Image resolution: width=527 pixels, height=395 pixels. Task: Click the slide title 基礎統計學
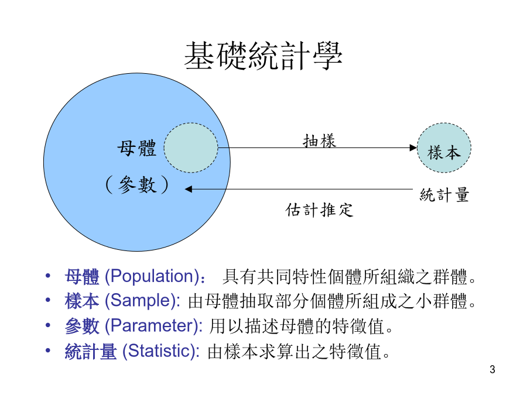pyautogui.click(x=263, y=56)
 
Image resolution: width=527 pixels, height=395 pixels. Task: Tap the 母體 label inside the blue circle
pyautogui.click(x=137, y=148)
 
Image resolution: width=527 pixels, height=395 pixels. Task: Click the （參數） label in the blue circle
pyautogui.click(x=137, y=184)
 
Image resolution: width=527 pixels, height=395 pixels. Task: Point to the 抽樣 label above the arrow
pyautogui.click(x=319, y=140)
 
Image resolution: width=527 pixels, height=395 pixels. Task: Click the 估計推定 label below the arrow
pyautogui.click(x=319, y=210)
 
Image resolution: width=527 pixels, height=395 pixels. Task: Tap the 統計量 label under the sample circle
pyautogui.click(x=444, y=195)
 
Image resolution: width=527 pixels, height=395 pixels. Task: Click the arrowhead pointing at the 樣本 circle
pyautogui.click(x=413, y=148)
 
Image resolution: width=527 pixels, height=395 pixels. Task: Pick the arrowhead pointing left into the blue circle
pyautogui.click(x=189, y=189)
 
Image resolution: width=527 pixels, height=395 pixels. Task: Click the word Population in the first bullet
pyautogui.click(x=153, y=276)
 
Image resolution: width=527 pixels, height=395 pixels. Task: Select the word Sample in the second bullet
pyautogui.click(x=142, y=300)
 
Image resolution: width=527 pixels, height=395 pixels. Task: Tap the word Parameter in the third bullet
pyautogui.click(x=153, y=325)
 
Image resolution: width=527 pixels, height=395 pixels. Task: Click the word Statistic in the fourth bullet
pyautogui.click(x=159, y=351)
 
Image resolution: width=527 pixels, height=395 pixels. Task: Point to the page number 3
pyautogui.click(x=492, y=369)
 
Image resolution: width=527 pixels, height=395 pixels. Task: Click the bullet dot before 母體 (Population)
pyautogui.click(x=48, y=276)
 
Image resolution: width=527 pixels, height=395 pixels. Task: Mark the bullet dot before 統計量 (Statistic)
pyautogui.click(x=48, y=351)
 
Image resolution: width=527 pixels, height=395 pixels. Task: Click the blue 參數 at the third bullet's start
pyautogui.click(x=82, y=326)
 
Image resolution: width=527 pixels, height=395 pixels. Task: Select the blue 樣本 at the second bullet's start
pyautogui.click(x=82, y=301)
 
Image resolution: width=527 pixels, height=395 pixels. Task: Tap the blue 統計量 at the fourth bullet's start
pyautogui.click(x=91, y=351)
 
